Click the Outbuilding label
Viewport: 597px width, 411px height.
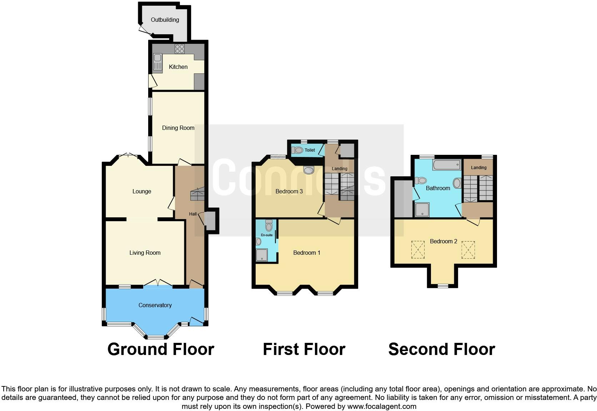[165, 20]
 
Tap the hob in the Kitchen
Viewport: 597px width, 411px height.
[180, 49]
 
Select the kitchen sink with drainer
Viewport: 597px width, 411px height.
[157, 63]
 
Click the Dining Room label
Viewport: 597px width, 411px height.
[178, 128]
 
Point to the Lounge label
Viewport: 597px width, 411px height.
[142, 192]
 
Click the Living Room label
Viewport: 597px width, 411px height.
[145, 253]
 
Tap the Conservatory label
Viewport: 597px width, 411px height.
[155, 305]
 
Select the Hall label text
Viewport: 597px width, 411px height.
[193, 214]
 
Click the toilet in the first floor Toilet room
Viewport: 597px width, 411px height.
[297, 150]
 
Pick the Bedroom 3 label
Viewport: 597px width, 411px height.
[289, 192]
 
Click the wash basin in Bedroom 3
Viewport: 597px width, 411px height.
[308, 170]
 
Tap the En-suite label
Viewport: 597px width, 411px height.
[267, 235]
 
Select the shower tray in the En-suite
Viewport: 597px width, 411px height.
[262, 255]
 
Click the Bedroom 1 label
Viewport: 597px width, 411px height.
[306, 253]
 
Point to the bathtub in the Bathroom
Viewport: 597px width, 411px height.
[446, 165]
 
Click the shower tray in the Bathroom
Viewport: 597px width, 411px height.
[422, 210]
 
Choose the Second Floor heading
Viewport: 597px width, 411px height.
[441, 349]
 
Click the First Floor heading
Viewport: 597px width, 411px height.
[304, 349]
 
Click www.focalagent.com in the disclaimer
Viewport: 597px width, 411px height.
[382, 406]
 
